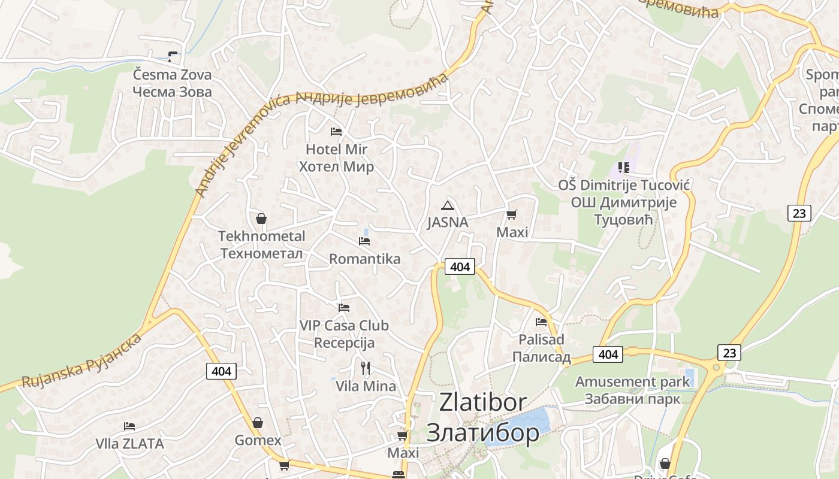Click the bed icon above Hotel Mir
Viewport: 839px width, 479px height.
click(x=336, y=131)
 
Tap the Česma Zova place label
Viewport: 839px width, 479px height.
click(x=172, y=75)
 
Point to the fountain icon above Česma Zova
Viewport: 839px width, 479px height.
click(x=173, y=57)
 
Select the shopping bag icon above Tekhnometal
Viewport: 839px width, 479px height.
click(x=261, y=219)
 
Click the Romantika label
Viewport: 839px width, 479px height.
click(x=364, y=259)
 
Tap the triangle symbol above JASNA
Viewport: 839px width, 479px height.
click(x=447, y=206)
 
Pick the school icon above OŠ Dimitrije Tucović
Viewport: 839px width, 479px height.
click(x=624, y=168)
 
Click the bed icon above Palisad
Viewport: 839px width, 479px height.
click(x=541, y=322)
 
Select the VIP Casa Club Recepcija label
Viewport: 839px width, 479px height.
click(x=344, y=334)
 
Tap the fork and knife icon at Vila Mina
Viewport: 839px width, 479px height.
click(x=366, y=368)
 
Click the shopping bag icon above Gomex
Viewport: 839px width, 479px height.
click(x=258, y=423)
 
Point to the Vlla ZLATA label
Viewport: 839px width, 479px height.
click(x=129, y=444)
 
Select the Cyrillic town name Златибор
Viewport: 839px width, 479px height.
click(x=482, y=432)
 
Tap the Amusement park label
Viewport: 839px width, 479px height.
click(x=632, y=381)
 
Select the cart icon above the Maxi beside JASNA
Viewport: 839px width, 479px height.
click(x=511, y=215)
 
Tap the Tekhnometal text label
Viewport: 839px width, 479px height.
click(x=261, y=237)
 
